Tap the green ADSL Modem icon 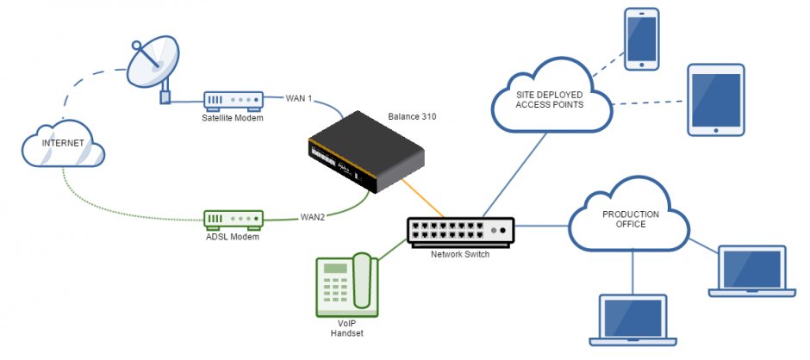234,219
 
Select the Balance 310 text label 412,116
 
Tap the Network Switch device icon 460,231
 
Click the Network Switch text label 460,255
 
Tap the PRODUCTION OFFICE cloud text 631,220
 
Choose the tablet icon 716,100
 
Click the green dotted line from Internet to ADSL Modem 112,207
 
